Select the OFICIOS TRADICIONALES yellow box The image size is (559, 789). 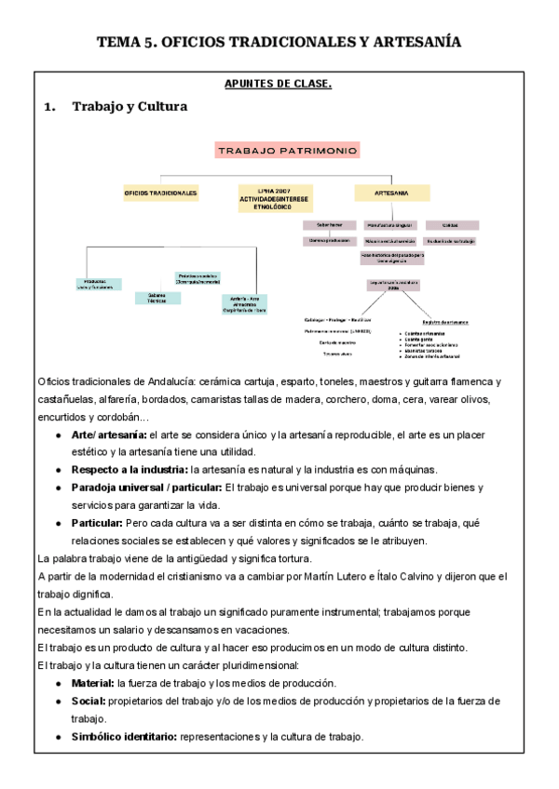160,194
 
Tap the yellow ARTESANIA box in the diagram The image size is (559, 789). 391,194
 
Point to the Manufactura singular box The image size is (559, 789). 389,225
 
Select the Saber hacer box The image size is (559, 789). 324,225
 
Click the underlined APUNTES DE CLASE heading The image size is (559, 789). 279,85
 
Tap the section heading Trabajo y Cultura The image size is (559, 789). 130,107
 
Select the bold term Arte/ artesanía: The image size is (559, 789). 108,435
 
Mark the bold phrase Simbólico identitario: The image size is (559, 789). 124,737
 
